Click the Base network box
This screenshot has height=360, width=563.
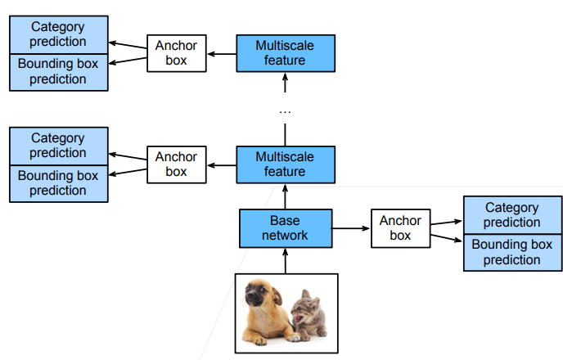(286, 228)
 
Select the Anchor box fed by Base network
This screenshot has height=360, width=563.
(400, 228)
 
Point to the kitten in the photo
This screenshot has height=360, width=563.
(308, 315)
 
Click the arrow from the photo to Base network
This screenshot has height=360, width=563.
(286, 259)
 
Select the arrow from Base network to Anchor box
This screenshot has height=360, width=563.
(352, 228)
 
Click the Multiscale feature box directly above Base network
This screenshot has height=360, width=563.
(286, 164)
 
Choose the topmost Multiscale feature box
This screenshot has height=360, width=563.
(286, 52)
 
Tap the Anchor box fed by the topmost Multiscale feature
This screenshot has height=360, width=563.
(176, 52)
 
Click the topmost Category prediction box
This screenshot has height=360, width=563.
(58, 34)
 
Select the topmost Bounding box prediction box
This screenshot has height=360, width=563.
(58, 71)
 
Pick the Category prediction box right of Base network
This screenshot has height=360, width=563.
(511, 215)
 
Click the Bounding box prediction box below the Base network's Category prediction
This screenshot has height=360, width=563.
(511, 252)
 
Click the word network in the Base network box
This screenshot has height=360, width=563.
(286, 236)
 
